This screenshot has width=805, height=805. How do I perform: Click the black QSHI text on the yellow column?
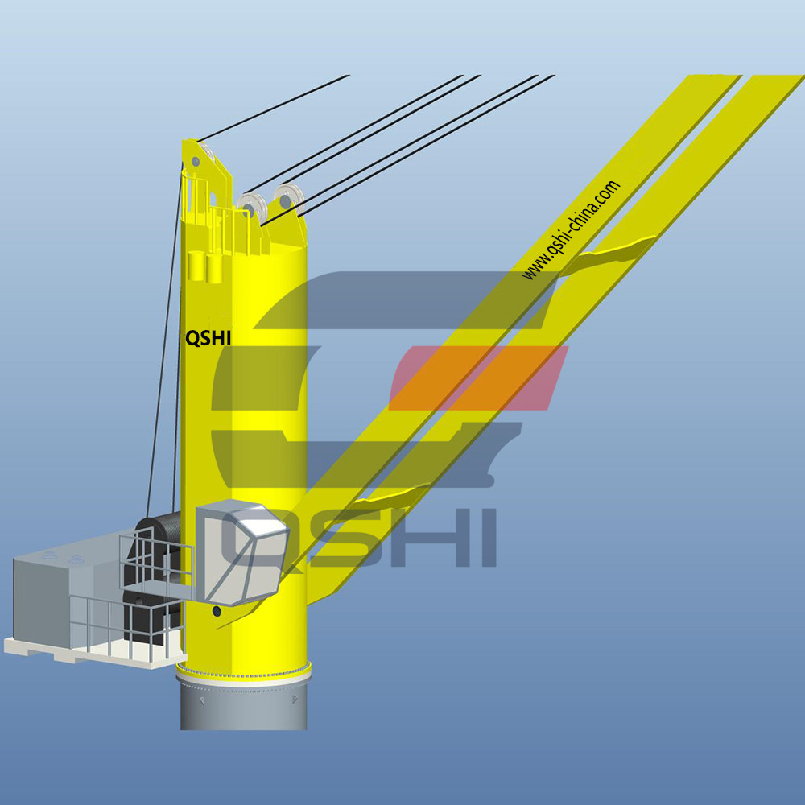(208, 338)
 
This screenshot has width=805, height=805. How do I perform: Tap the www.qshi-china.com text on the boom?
(571, 229)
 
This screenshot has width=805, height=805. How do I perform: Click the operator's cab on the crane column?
(242, 552)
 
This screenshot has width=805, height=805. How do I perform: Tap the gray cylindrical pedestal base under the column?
(244, 704)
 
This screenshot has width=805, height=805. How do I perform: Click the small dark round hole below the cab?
(217, 612)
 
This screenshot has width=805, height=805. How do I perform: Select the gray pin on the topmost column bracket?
(195, 162)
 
